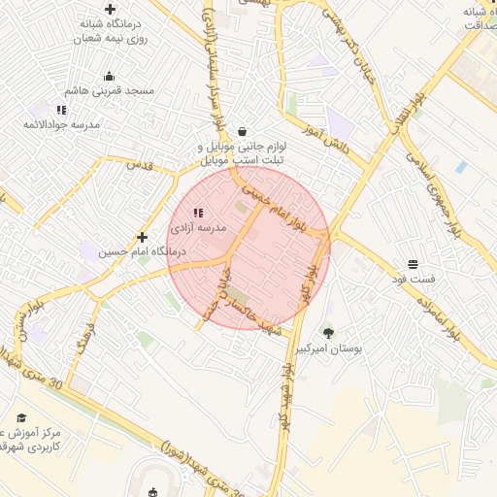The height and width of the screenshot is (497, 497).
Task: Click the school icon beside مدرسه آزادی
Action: coord(198,213)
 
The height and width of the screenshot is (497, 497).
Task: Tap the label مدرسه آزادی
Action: coord(198,228)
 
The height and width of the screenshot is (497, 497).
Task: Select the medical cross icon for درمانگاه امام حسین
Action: coord(143,237)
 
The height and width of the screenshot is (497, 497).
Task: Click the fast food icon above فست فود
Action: coord(414,264)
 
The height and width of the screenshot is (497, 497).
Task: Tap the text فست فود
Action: coord(414,279)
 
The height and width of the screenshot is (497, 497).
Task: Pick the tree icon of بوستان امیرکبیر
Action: coord(328,333)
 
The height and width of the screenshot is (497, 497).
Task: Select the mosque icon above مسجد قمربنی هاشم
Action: coord(109,76)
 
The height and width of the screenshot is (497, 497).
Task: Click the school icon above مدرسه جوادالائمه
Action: coord(62,110)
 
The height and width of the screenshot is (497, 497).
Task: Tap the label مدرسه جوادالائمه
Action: coord(62,124)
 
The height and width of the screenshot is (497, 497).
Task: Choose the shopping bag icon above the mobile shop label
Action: coord(241,131)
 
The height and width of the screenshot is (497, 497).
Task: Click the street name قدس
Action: coord(142,164)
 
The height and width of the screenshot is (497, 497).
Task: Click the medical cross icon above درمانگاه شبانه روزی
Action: coord(110,9)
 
